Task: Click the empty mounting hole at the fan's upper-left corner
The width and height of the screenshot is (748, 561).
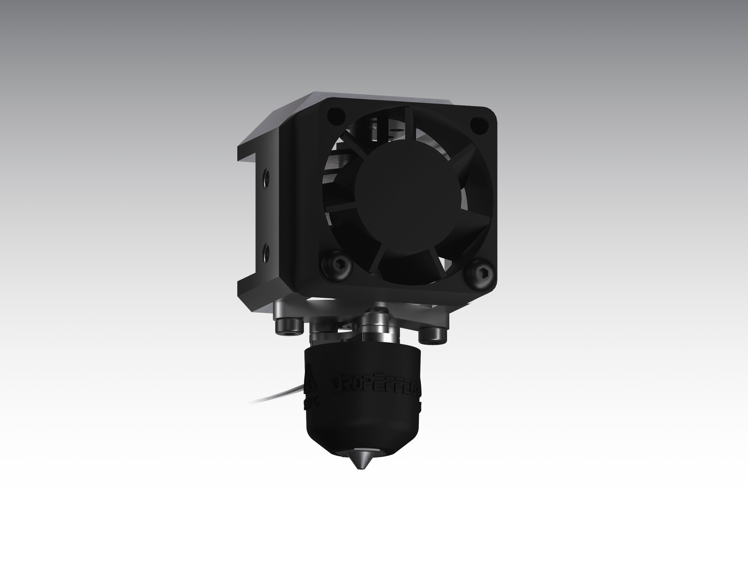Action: (336, 116)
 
